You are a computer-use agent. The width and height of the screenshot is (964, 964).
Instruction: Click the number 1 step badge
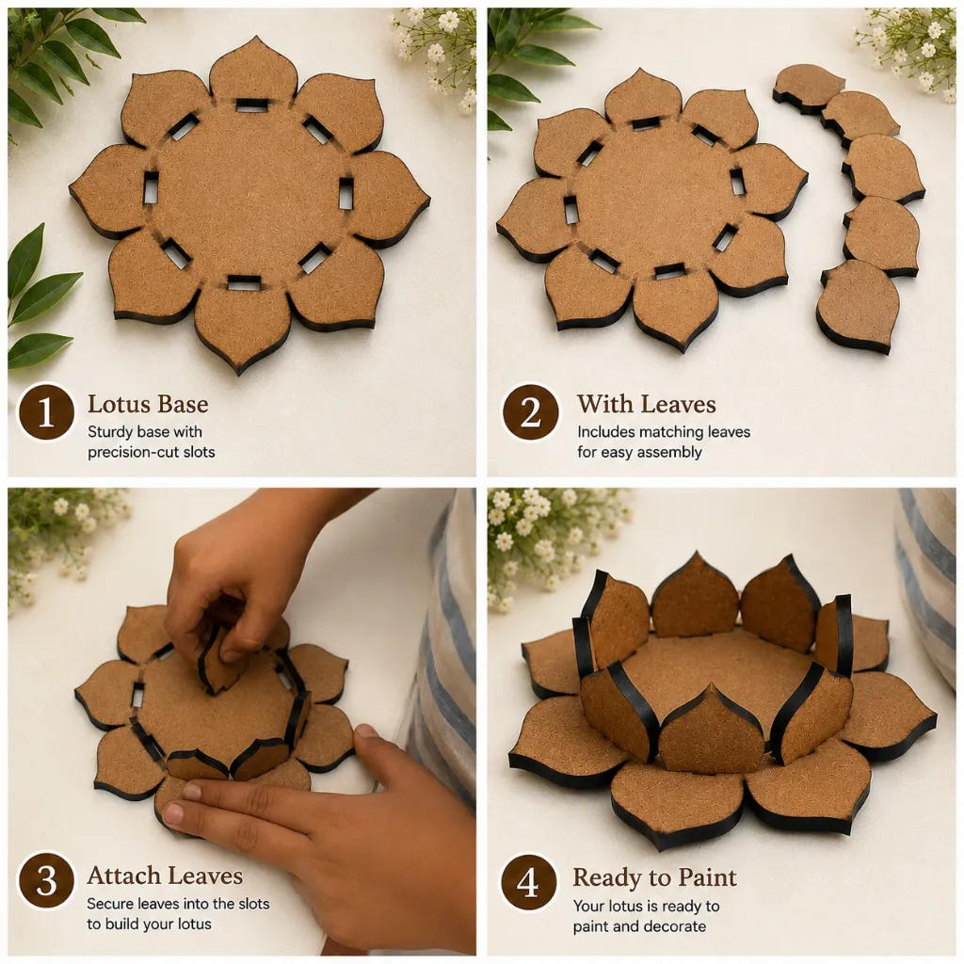click(x=46, y=411)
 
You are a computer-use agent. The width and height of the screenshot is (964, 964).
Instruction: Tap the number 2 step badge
click(x=530, y=411)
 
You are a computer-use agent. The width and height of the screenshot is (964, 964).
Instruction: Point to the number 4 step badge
click(x=528, y=883)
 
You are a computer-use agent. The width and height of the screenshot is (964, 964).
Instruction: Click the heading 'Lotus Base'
click(x=148, y=404)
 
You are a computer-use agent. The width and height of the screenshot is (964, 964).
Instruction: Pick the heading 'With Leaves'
click(x=646, y=404)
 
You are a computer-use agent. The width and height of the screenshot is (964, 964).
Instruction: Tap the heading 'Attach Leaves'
click(x=165, y=875)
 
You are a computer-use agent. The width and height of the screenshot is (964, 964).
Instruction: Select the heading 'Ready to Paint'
click(x=655, y=877)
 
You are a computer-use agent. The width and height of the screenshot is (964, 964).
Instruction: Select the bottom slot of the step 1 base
click(x=245, y=283)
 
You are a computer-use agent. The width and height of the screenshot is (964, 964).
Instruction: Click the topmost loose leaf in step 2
click(x=806, y=87)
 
